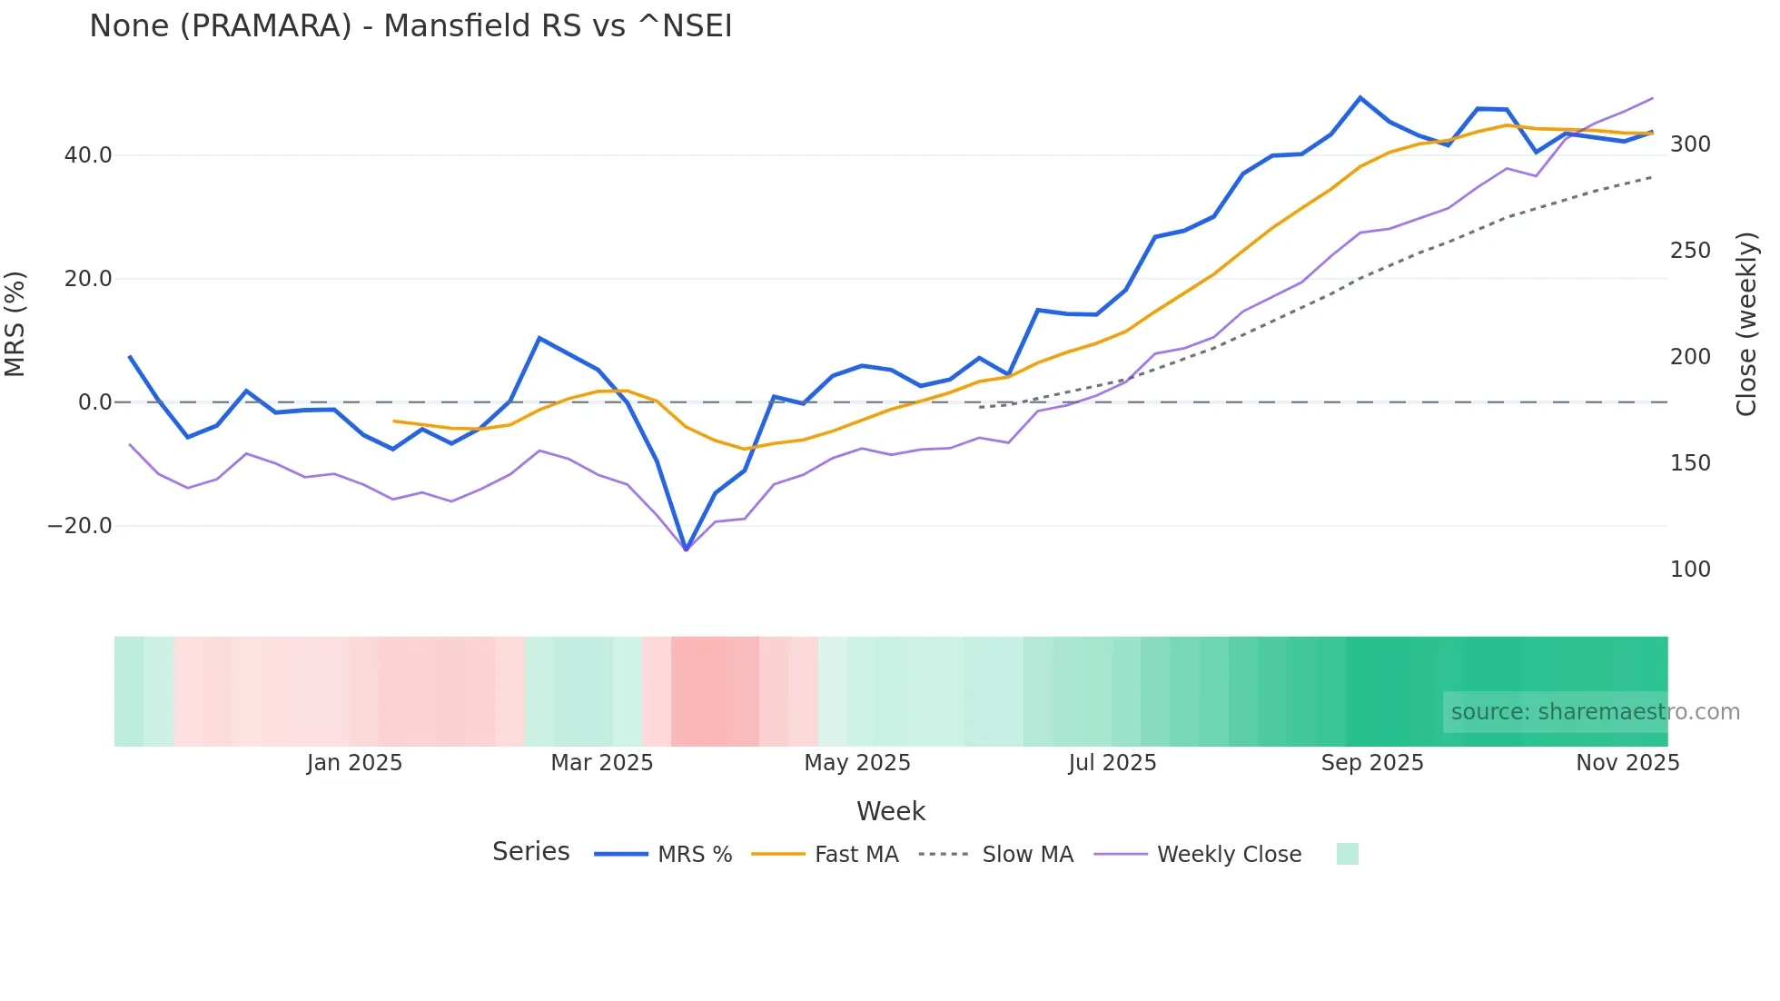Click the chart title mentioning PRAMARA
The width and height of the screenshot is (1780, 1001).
click(x=410, y=26)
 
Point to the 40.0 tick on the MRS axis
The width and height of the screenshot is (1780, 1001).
click(x=88, y=155)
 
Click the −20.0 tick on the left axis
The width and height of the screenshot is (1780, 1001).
click(x=80, y=526)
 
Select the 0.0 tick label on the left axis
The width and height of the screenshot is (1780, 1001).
click(x=94, y=402)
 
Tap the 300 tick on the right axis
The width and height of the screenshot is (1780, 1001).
click(x=1690, y=144)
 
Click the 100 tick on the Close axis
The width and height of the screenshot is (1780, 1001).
click(x=1690, y=570)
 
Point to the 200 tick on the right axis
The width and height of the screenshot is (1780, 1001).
click(x=1690, y=357)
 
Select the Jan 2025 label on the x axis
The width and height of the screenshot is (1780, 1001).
click(x=354, y=763)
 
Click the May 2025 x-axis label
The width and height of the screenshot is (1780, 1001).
click(x=857, y=763)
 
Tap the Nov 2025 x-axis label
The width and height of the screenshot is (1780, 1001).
click(x=1627, y=763)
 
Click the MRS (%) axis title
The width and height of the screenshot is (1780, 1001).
click(x=15, y=324)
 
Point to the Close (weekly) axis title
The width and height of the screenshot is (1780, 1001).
click(x=1746, y=324)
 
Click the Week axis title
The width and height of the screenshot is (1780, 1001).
click(x=890, y=811)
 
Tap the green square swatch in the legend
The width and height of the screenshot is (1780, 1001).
click(x=1348, y=854)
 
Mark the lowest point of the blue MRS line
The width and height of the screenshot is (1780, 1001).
click(x=686, y=550)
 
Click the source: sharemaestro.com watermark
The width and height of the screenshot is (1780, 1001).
click(x=1595, y=712)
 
